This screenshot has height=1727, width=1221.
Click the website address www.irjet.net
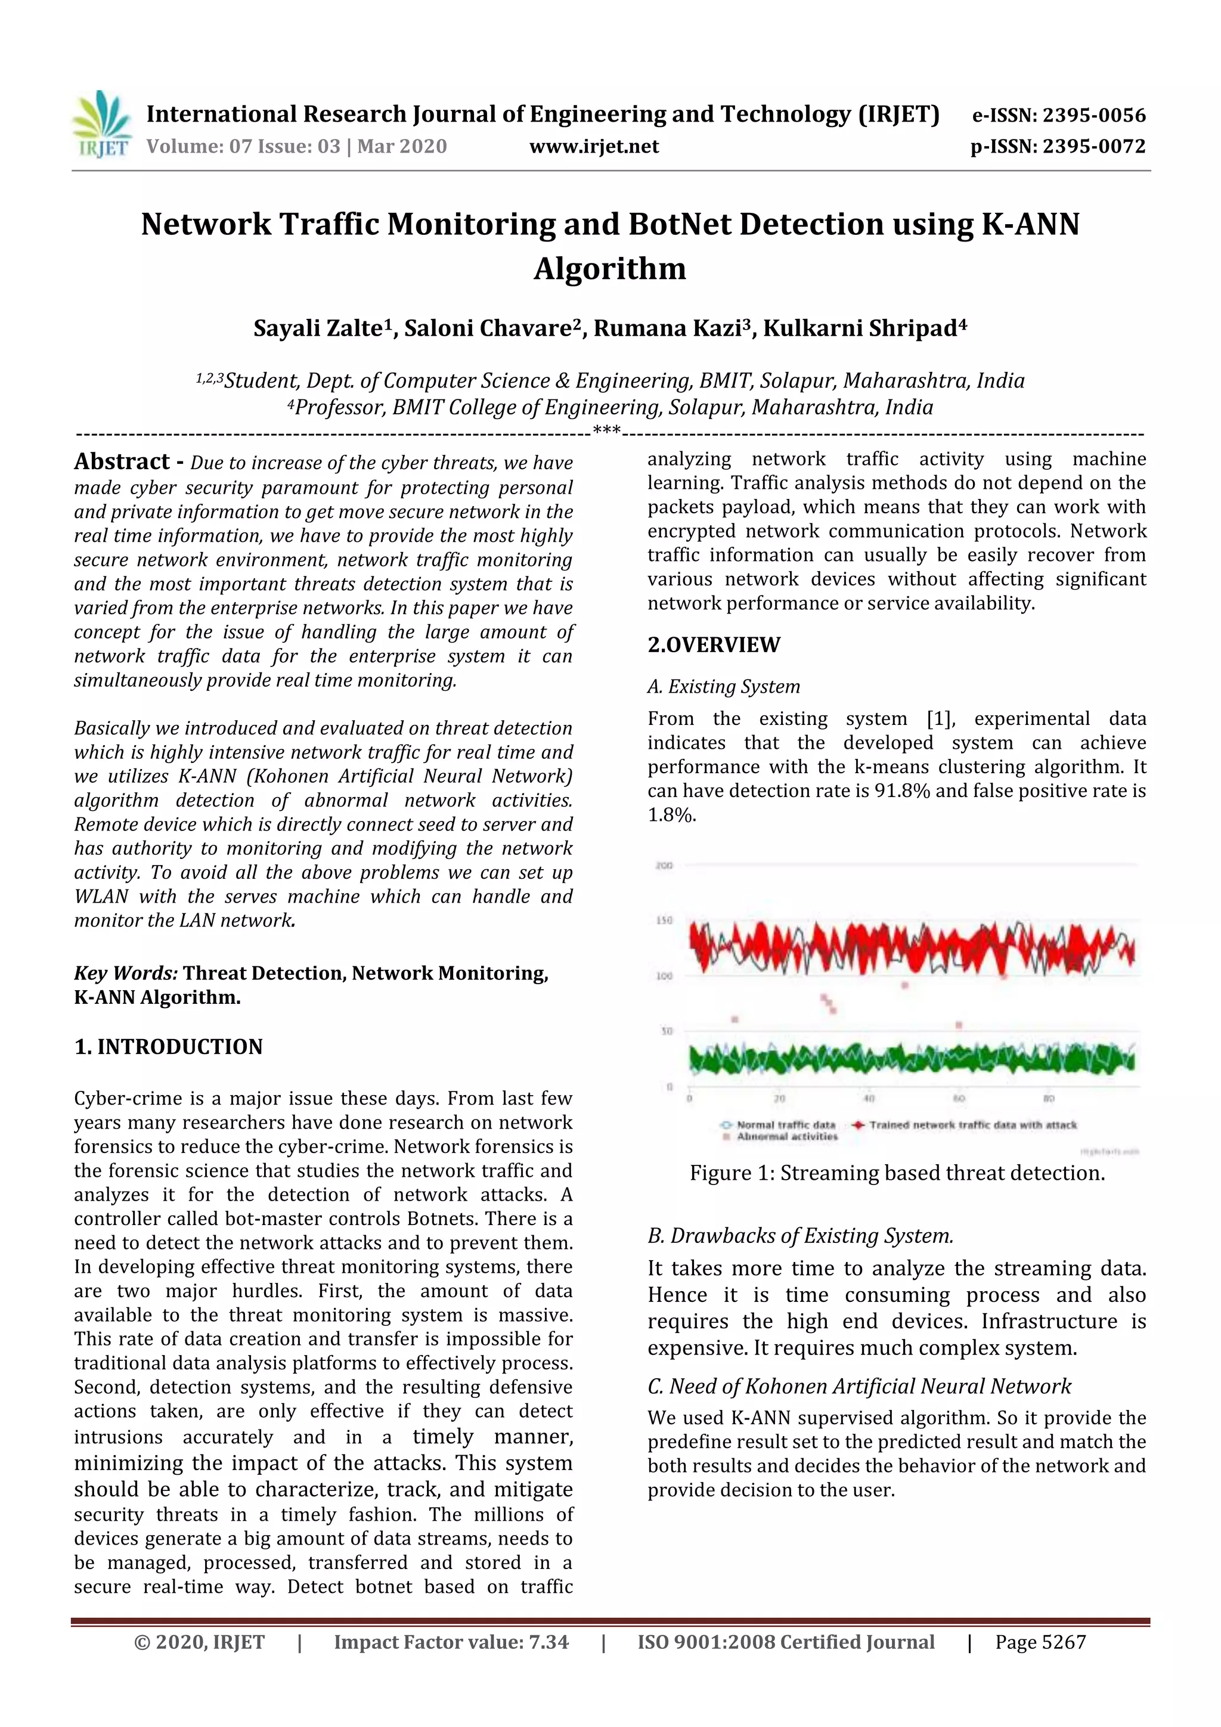(x=594, y=147)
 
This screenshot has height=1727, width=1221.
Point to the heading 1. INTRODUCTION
(x=169, y=1046)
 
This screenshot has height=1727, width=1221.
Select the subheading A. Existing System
(x=723, y=687)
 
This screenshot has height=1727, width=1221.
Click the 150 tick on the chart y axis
(x=664, y=920)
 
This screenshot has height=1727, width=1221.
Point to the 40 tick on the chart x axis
(x=869, y=1099)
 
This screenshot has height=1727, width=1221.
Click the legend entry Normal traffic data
(x=785, y=1126)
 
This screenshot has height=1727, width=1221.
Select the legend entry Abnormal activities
(x=786, y=1137)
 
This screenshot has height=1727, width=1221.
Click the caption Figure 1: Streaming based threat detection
(x=897, y=1173)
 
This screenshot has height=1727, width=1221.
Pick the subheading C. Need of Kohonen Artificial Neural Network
(x=859, y=1386)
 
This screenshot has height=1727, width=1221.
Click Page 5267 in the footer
(x=1040, y=1642)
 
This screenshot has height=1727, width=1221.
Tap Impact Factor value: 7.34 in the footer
(x=451, y=1642)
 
